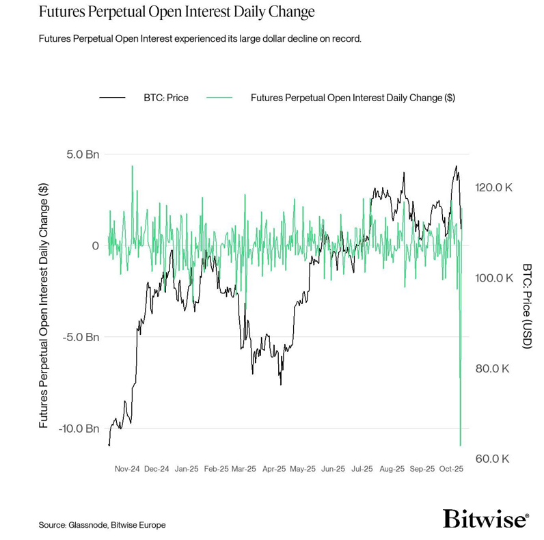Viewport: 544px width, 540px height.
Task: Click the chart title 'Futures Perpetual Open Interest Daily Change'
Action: (x=177, y=12)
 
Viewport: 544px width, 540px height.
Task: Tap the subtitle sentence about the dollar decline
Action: (x=200, y=38)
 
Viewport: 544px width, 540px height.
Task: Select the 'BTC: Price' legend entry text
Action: (x=165, y=98)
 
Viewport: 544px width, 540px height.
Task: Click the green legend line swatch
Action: (x=219, y=98)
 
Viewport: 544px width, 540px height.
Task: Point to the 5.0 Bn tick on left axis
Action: (x=83, y=154)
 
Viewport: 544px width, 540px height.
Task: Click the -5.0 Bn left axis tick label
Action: (x=81, y=337)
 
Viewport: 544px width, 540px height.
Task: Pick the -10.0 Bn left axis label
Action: (x=79, y=429)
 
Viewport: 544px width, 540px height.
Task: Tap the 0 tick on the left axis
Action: (x=96, y=246)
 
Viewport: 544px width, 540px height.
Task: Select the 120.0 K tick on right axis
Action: (x=494, y=187)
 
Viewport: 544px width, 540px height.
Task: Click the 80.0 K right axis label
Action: (x=493, y=368)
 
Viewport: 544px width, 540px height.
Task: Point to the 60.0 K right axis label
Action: (x=493, y=459)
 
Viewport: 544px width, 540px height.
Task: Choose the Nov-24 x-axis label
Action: (x=127, y=469)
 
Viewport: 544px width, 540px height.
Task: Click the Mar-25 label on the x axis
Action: (x=244, y=469)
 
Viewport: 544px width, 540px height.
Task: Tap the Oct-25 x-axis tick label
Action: (x=452, y=469)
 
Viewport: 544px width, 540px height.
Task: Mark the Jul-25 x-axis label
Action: (x=362, y=469)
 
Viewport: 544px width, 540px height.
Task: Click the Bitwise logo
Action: (x=485, y=519)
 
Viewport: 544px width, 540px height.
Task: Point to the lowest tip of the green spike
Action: (x=461, y=446)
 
